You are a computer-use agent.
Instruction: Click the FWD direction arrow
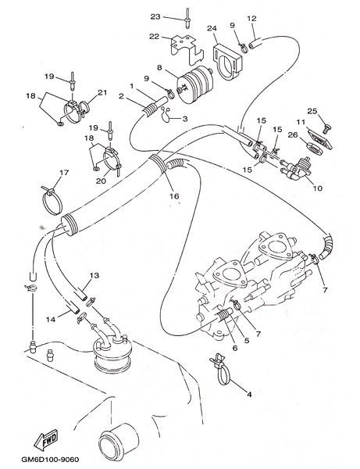tap(46, 439)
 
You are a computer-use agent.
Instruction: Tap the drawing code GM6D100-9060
tap(50, 459)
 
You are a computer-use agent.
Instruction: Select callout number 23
tap(155, 16)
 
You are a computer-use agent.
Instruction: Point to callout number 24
tap(212, 28)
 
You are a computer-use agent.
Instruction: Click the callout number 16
tap(174, 196)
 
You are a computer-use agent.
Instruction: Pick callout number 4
tap(249, 395)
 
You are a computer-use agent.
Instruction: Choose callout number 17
tap(64, 173)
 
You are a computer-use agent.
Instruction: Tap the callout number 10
tap(318, 188)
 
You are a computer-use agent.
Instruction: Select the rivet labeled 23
tap(187, 19)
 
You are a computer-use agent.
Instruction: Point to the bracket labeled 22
tap(187, 50)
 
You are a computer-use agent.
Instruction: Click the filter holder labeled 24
tap(228, 62)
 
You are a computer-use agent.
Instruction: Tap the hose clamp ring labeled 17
tap(52, 201)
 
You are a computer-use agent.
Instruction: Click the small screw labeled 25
tap(327, 129)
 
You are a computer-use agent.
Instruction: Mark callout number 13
tap(94, 275)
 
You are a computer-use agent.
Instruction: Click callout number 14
tap(51, 320)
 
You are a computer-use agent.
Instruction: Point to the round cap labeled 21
tap(85, 106)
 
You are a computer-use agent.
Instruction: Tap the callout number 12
tap(252, 18)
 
